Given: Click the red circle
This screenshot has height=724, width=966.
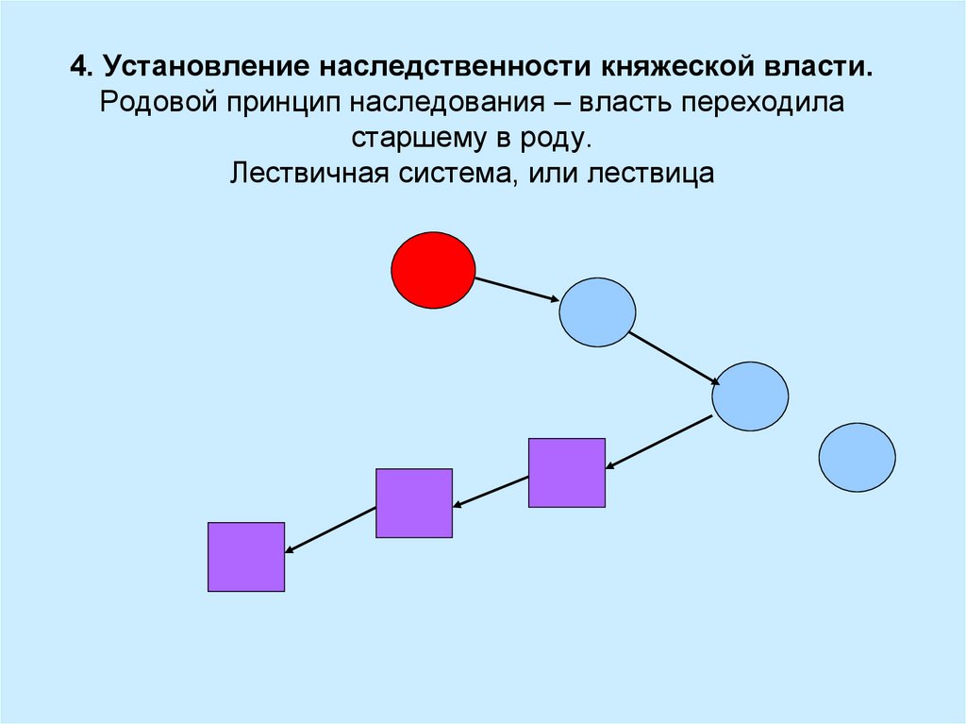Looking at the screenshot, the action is tap(433, 269).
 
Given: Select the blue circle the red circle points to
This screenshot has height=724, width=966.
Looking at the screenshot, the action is tap(597, 312).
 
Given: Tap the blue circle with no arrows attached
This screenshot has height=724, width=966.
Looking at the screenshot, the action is tap(857, 457).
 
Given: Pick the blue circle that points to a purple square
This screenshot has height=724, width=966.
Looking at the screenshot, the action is tap(750, 396).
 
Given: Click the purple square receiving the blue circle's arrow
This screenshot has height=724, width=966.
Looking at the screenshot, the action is tap(566, 473).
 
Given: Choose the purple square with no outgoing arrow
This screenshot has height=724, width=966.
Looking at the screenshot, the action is tap(246, 557).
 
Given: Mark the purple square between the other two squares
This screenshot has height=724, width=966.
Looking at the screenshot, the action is tap(414, 503).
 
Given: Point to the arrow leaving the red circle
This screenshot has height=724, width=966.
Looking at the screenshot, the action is tap(517, 290).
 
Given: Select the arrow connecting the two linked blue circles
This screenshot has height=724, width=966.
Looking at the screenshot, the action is tap(674, 358).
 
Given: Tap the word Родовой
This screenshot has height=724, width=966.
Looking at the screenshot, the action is tap(158, 103).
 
